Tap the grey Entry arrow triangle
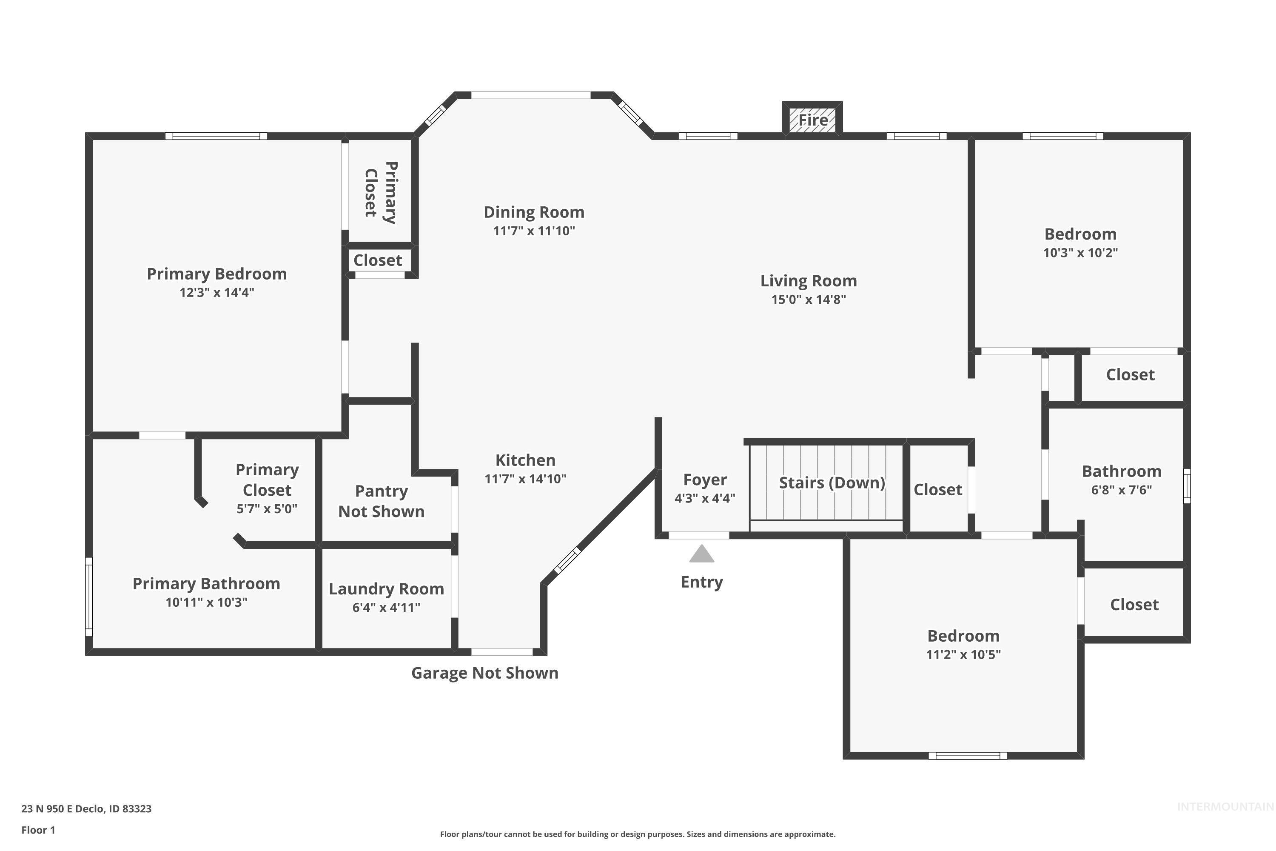[701, 554]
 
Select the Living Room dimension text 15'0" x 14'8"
[809, 300]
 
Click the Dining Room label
[534, 212]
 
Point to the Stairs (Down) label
[832, 483]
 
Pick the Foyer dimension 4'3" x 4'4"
[705, 498]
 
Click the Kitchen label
[525, 460]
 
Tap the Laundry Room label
[386, 589]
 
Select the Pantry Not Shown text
[382, 501]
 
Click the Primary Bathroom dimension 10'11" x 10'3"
[206, 603]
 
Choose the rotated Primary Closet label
[380, 193]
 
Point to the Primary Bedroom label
[216, 274]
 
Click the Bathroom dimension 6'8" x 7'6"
[1121, 490]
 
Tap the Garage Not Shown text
[484, 673]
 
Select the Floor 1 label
[38, 830]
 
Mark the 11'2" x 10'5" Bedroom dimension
[963, 654]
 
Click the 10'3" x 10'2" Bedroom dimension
[1080, 253]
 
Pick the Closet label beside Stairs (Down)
[937, 490]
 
